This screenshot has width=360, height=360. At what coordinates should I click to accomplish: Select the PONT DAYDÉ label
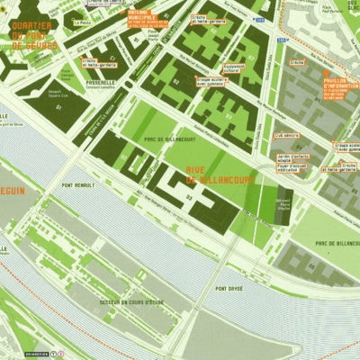229,288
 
